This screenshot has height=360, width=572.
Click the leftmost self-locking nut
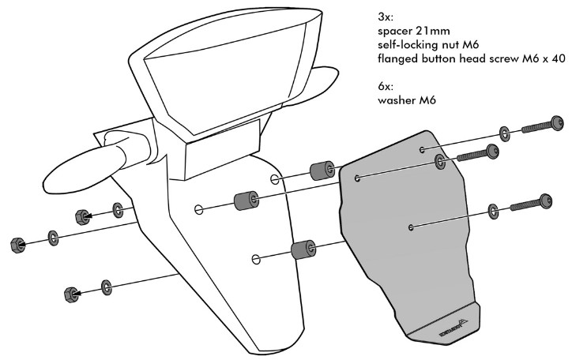[x=16, y=244]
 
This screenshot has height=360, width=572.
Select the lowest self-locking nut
[x=70, y=294]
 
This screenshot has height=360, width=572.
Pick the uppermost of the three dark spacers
[x=319, y=171]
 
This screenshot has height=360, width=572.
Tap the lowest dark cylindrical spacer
[x=301, y=251]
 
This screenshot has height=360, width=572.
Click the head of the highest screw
[x=558, y=122]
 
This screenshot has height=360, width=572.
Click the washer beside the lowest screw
[x=494, y=210]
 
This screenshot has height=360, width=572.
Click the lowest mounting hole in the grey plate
[x=412, y=227]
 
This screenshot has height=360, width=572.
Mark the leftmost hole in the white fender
[x=199, y=209]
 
